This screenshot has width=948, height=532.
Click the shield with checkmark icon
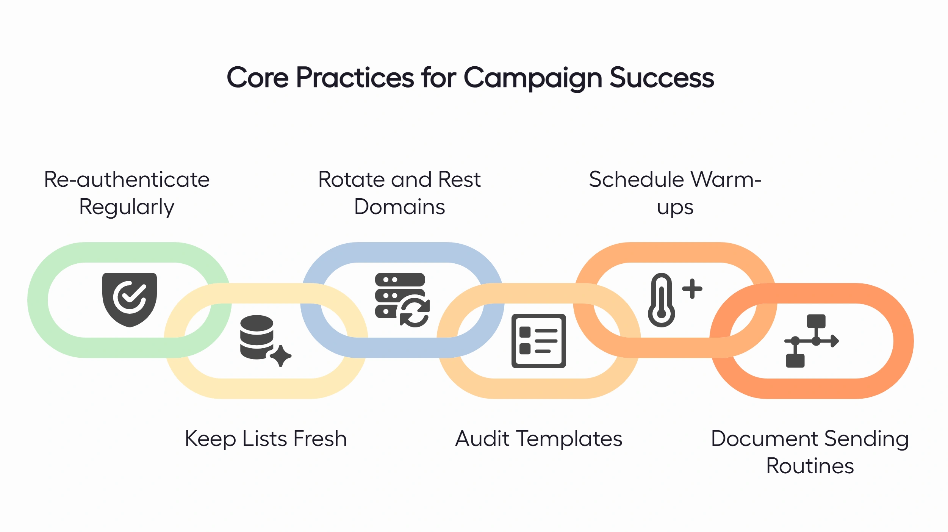[x=130, y=299]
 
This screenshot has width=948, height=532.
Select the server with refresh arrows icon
[x=402, y=299]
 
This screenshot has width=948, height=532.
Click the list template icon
[x=538, y=341]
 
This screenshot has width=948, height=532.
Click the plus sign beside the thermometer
[x=692, y=289]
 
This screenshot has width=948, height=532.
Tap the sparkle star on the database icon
[x=281, y=355]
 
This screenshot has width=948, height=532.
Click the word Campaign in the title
[x=532, y=78]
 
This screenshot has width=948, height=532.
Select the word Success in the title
[x=662, y=78]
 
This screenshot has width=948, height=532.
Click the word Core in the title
[x=258, y=78]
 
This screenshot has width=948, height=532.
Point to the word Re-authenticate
[x=127, y=180]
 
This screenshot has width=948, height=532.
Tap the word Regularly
[x=127, y=207]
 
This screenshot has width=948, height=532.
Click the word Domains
[x=399, y=207]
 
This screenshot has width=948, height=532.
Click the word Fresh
[x=320, y=439]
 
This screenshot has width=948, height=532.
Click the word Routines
[x=810, y=466]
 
